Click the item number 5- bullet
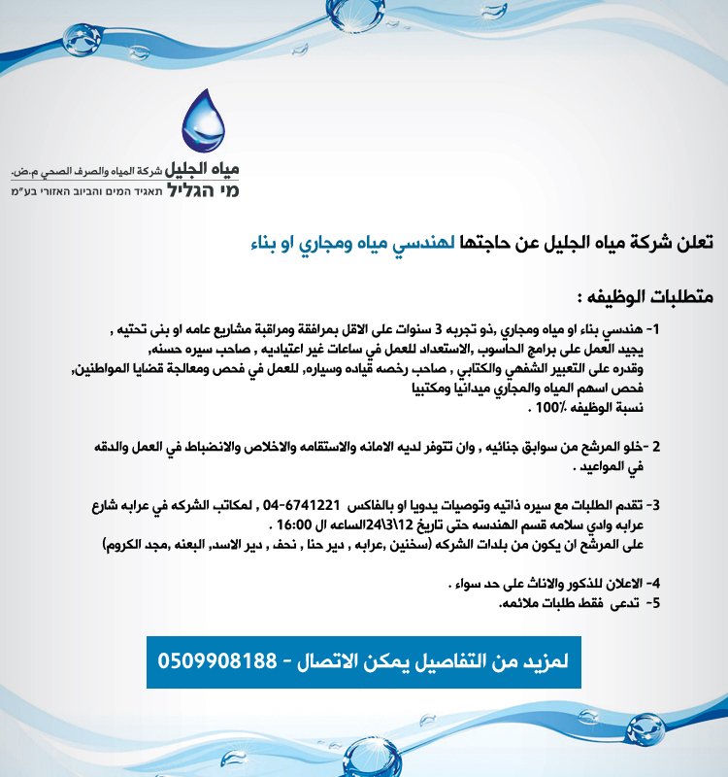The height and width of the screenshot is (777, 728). [654, 604]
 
